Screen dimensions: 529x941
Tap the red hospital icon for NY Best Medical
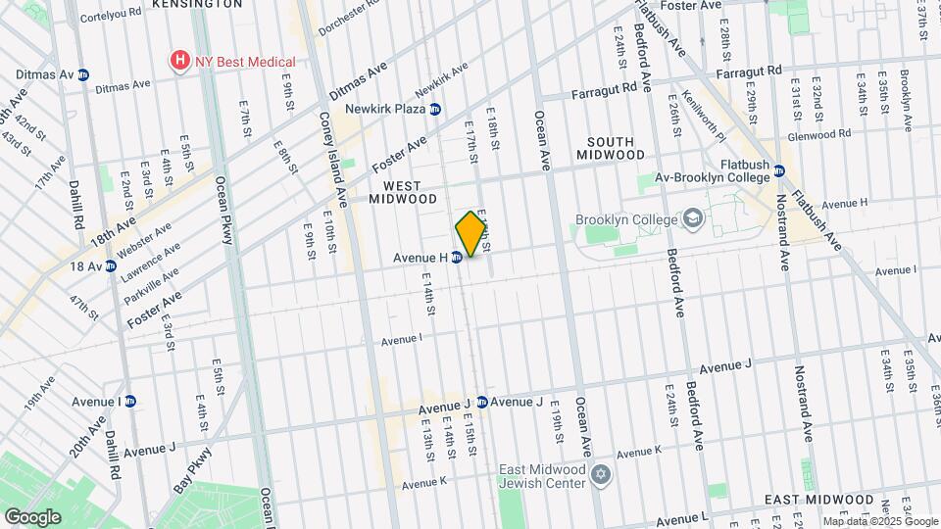[x=179, y=61]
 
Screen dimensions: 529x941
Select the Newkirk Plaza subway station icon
[x=435, y=109]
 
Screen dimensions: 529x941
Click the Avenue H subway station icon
[x=457, y=258]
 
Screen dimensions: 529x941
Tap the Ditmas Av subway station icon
[x=83, y=74]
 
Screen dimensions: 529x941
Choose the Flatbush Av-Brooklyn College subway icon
[x=779, y=170]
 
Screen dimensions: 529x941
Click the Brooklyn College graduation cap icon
[x=693, y=218]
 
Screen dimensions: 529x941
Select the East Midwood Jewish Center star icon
[x=601, y=475]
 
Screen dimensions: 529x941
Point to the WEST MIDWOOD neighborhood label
[x=402, y=192]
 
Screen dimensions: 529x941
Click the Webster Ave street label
[x=143, y=240]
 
